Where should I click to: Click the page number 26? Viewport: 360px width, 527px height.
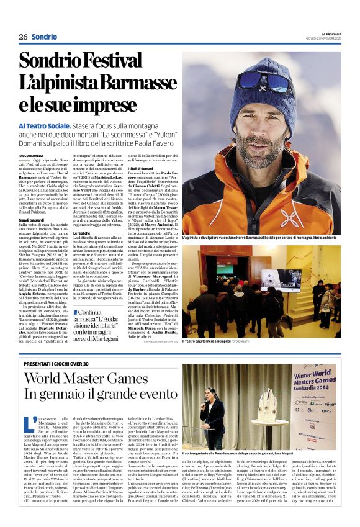point(23,37)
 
